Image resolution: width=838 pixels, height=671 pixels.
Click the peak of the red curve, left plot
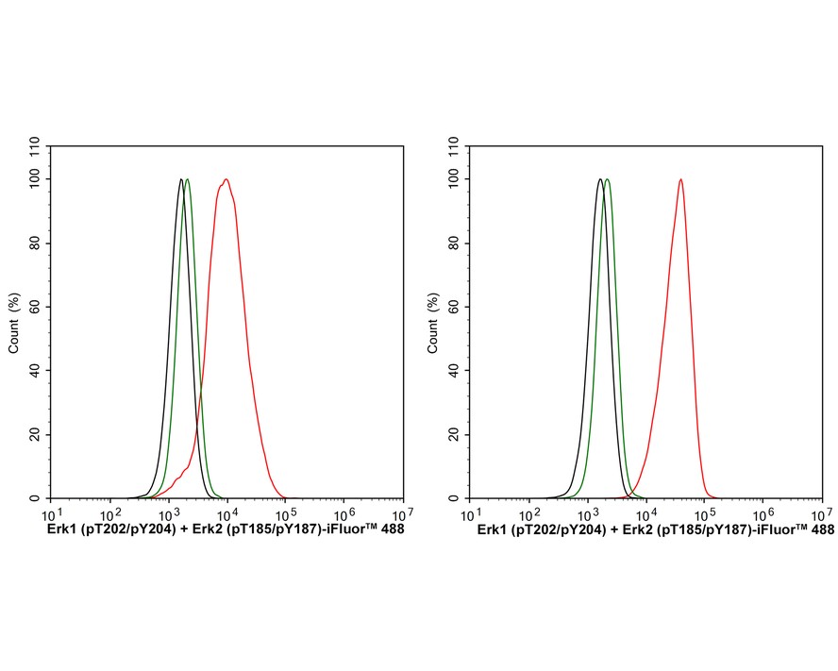226,179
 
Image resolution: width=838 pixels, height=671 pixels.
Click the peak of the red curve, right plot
680,179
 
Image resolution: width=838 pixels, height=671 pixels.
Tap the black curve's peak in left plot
180,179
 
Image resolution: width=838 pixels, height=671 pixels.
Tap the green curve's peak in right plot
607,179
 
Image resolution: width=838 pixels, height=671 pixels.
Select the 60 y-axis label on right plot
454,307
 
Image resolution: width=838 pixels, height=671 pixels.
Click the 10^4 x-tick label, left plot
226,514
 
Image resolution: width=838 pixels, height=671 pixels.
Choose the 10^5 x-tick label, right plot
706,514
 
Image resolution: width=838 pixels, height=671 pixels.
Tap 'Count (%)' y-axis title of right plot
433,322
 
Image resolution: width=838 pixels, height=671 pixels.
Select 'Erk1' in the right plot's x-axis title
494,531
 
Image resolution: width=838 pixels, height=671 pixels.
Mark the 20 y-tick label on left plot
35,435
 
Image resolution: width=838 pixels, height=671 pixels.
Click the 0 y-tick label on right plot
458,498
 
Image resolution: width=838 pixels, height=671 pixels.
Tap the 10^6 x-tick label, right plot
764,514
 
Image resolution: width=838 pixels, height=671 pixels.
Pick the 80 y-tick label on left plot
35,243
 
